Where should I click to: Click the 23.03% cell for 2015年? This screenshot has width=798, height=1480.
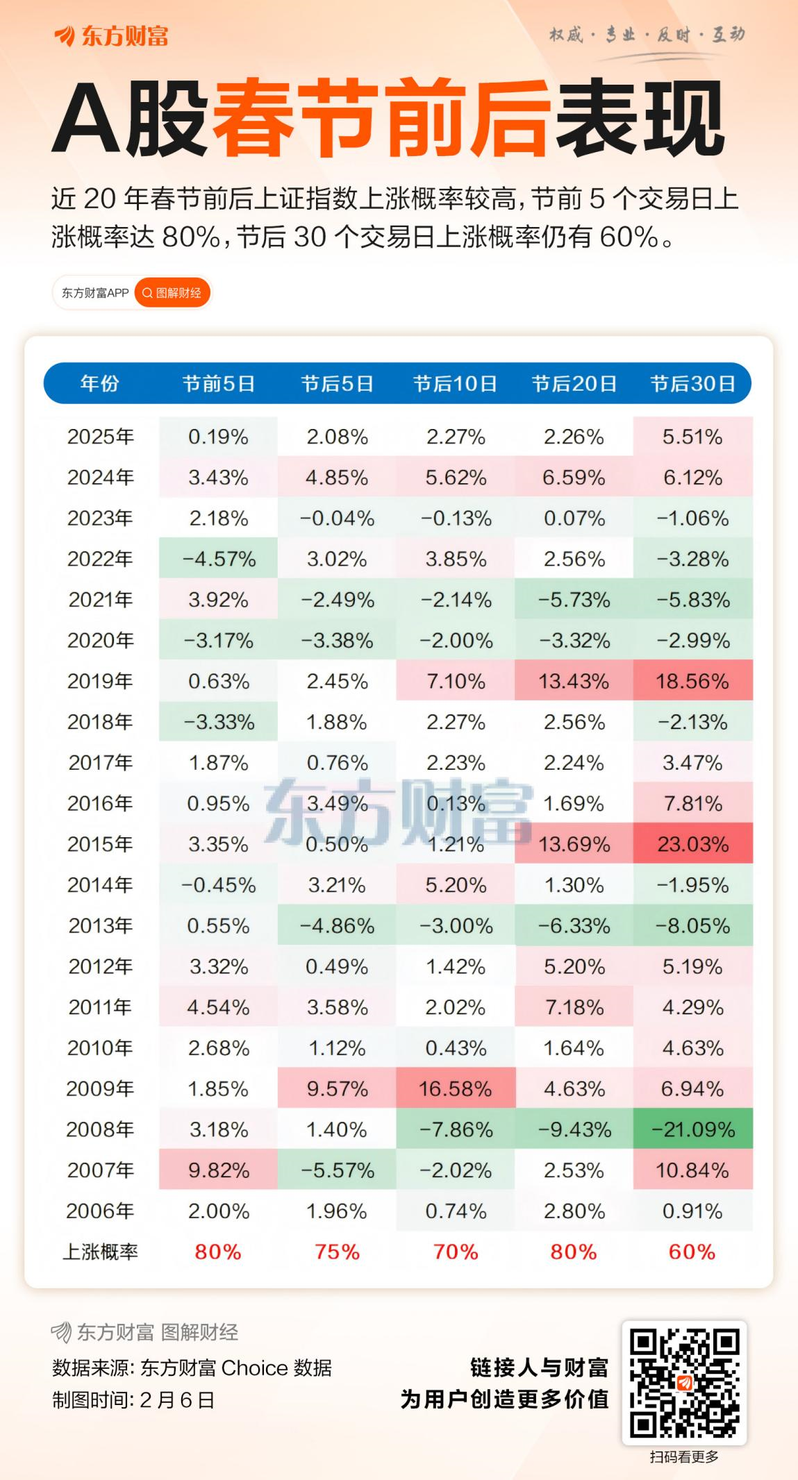click(692, 844)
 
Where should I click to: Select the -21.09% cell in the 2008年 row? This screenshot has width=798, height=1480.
click(692, 1129)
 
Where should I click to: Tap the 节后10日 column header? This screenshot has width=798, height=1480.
click(455, 383)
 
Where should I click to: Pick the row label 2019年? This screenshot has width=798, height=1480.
click(100, 681)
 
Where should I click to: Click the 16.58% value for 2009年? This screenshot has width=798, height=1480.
click(455, 1088)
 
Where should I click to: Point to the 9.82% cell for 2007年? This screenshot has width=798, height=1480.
click(218, 1170)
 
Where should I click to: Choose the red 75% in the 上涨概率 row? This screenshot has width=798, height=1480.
click(337, 1252)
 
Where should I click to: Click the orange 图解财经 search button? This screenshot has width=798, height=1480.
click(172, 293)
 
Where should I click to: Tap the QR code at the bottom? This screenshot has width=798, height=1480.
click(683, 1382)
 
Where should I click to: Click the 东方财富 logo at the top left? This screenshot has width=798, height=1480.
click(111, 36)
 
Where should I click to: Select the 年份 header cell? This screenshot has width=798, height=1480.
click(100, 383)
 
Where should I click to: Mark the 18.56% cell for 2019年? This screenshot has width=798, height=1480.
click(692, 681)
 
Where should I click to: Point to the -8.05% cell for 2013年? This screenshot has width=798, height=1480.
click(692, 925)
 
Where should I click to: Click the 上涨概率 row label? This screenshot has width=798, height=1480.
click(100, 1252)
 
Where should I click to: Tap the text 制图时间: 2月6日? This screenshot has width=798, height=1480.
click(133, 1399)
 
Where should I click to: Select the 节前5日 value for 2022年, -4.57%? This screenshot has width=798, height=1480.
click(218, 559)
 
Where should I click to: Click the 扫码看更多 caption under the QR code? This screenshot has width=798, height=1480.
click(683, 1457)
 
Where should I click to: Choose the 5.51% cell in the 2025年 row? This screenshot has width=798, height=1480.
click(692, 437)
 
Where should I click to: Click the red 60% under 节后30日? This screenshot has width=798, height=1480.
click(692, 1252)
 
